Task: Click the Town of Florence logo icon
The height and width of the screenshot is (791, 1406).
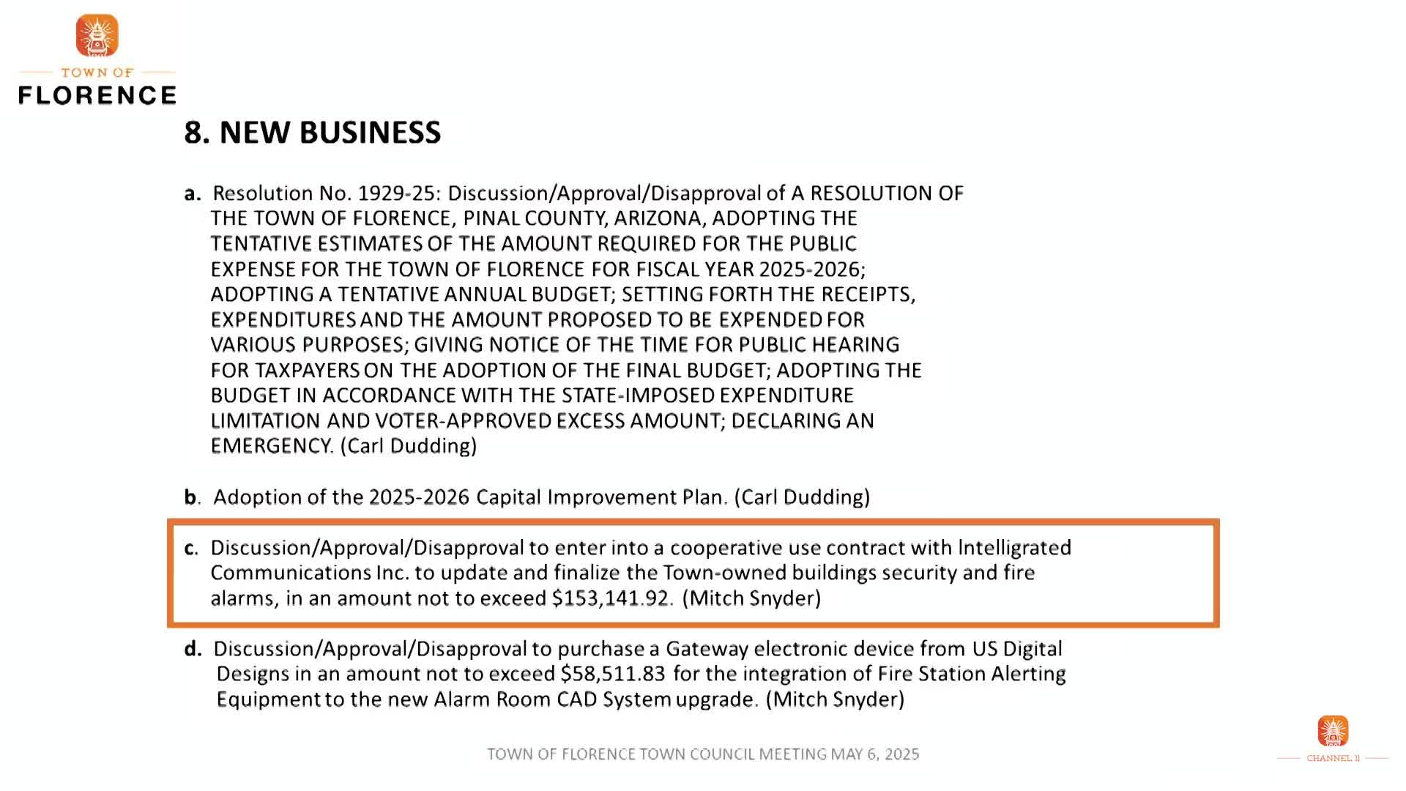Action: [x=97, y=35]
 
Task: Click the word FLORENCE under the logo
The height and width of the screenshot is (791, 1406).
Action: [x=97, y=95]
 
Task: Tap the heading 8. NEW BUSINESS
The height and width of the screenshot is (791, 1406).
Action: [x=312, y=133]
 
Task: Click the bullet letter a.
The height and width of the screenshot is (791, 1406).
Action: [x=192, y=193]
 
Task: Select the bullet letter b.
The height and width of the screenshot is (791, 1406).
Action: [x=192, y=497]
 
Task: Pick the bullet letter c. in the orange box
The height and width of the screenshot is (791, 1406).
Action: [x=191, y=548]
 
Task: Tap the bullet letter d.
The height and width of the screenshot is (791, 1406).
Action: [x=193, y=649]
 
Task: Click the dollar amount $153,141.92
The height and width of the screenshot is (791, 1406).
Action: [x=611, y=598]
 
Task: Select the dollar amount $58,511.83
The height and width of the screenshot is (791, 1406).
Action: [x=613, y=674]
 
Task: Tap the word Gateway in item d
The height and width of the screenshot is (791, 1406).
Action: [x=707, y=649]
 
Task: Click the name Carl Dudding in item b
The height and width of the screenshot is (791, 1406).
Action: [x=805, y=497]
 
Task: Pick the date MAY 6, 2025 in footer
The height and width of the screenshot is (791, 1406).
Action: [x=874, y=754]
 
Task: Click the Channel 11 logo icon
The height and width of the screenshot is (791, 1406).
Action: [x=1333, y=731]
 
